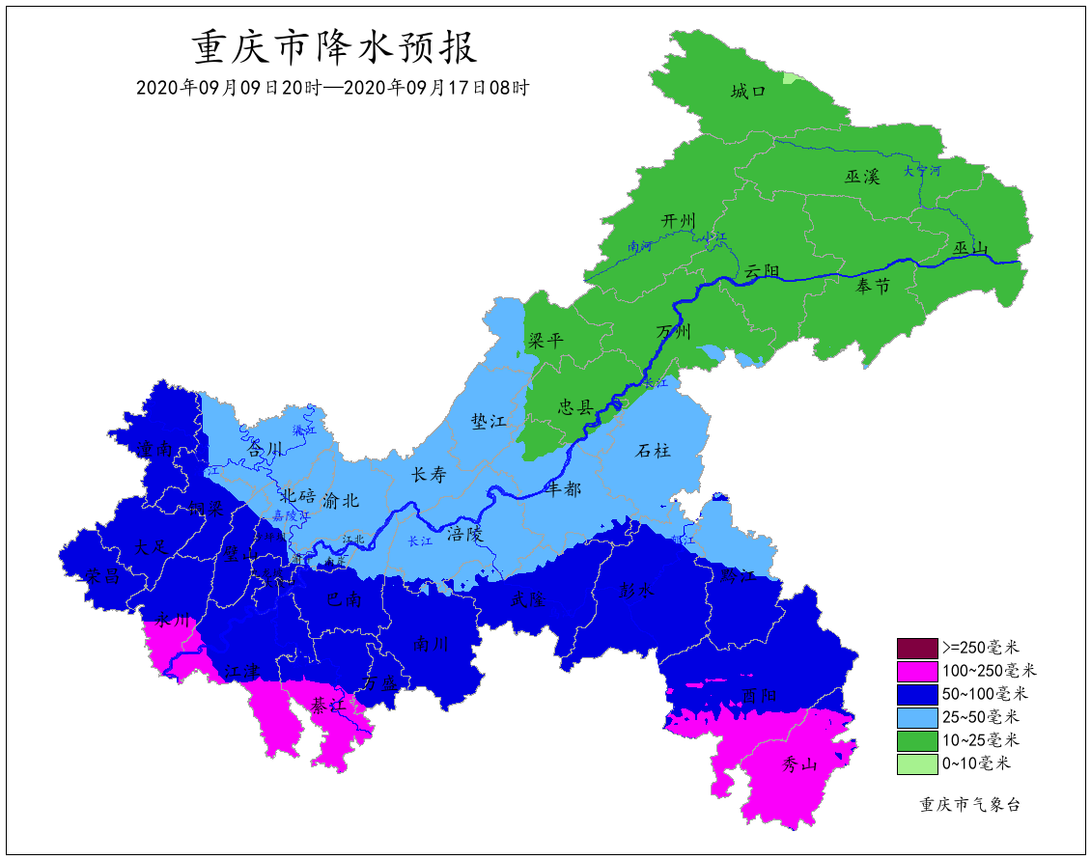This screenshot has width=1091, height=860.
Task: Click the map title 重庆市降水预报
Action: (x=334, y=46)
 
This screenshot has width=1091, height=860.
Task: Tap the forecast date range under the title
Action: (x=332, y=87)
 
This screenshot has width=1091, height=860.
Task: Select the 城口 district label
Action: (x=748, y=92)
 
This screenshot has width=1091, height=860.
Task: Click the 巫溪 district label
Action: (x=862, y=177)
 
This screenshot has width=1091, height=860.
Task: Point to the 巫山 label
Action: (x=971, y=249)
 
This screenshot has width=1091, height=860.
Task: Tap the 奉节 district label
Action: (x=873, y=285)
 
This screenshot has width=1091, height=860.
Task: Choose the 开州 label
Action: (x=678, y=221)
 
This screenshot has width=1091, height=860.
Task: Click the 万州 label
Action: (x=674, y=332)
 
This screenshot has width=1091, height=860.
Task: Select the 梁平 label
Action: (x=545, y=341)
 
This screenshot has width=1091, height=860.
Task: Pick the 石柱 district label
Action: (x=653, y=451)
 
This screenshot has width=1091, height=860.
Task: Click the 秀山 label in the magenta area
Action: (x=799, y=765)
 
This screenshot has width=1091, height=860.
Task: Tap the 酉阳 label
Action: (x=759, y=695)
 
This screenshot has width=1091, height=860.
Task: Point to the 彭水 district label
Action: (x=636, y=591)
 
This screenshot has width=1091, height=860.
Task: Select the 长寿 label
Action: (x=430, y=474)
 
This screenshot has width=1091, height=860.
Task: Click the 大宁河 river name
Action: (x=921, y=171)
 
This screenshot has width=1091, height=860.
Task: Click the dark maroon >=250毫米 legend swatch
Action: (x=916, y=647)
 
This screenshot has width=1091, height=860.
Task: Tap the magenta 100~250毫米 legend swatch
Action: (x=916, y=670)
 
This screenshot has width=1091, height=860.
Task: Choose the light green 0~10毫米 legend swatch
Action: (x=916, y=763)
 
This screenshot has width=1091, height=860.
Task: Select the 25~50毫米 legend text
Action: (x=980, y=716)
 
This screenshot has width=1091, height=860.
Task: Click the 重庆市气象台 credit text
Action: (x=969, y=804)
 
